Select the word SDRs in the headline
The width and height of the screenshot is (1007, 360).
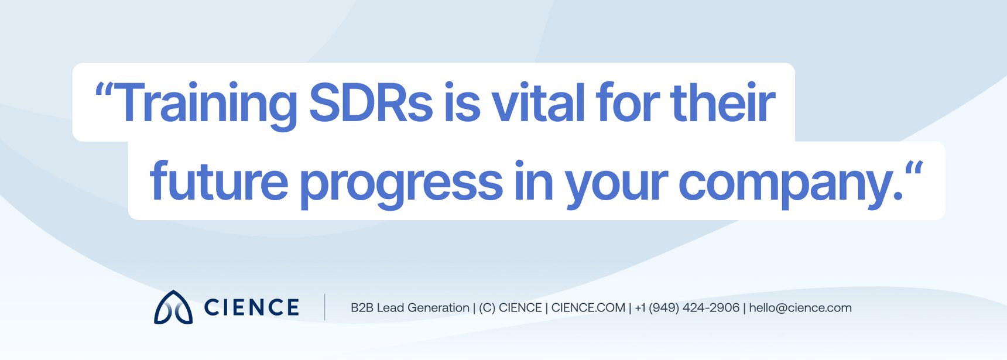click(x=370, y=103)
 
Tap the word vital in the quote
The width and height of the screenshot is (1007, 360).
click(x=538, y=103)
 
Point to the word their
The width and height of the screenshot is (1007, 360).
click(x=723, y=103)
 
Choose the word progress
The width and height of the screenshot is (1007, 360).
click(x=401, y=183)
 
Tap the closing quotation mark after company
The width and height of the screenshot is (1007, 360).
click(x=914, y=169)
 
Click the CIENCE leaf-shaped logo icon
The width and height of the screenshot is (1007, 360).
click(x=173, y=307)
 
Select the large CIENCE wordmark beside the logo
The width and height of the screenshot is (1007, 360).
click(x=252, y=307)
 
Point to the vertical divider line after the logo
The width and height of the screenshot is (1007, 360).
click(x=325, y=307)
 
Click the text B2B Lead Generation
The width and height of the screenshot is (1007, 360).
click(x=410, y=308)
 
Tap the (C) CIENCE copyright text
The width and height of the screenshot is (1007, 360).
click(x=510, y=308)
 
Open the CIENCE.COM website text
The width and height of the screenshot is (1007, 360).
click(x=588, y=308)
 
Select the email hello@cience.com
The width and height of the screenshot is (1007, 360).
click(x=800, y=308)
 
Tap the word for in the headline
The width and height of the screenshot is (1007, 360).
click(x=626, y=103)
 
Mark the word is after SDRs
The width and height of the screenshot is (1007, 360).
click(x=462, y=103)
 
